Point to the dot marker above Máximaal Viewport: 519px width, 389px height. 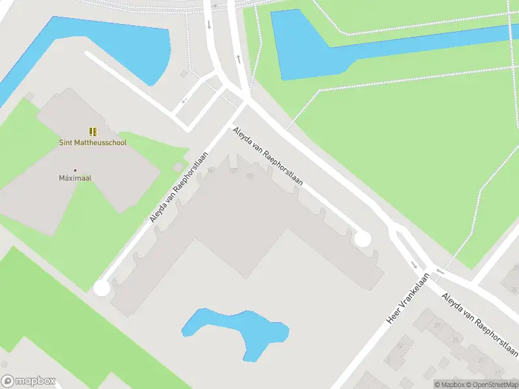(x=75, y=170)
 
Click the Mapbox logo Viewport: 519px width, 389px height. (x=28, y=381)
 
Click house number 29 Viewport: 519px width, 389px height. (x=437, y=325)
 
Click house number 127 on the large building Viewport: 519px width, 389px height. (x=234, y=171)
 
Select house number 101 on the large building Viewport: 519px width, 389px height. (x=250, y=176)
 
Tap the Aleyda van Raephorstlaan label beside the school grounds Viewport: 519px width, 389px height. (x=179, y=187)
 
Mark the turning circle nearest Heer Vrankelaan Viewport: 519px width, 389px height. (x=362, y=239)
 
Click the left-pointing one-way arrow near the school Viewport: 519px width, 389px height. (x=185, y=100)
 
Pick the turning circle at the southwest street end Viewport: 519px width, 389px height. (x=101, y=288)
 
